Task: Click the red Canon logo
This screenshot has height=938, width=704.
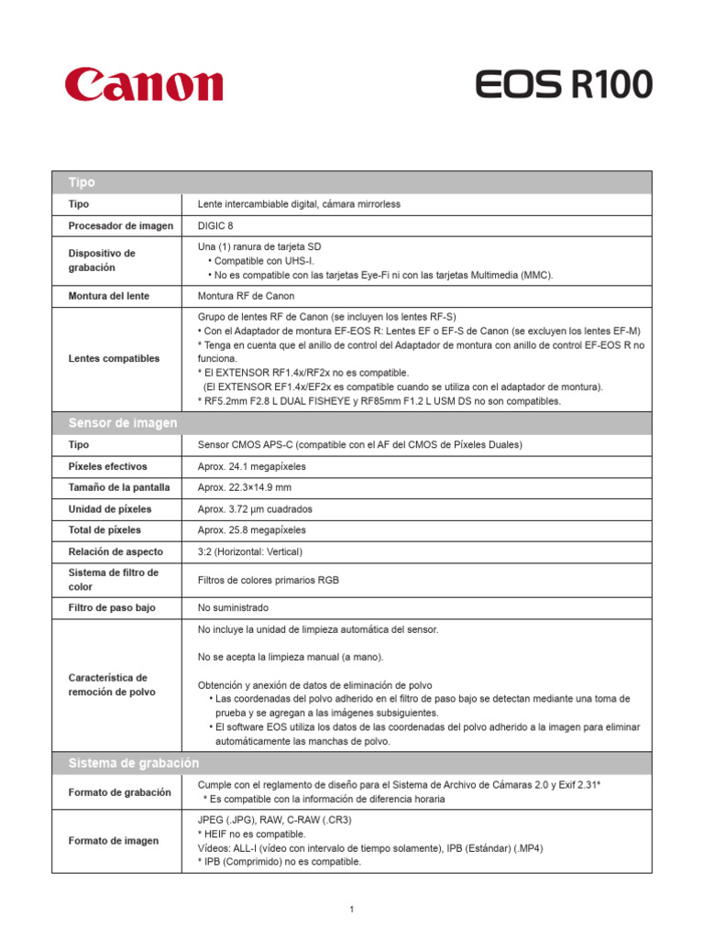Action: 144,84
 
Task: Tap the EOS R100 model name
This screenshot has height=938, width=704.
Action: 564,85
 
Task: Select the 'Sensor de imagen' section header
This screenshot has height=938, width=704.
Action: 123,422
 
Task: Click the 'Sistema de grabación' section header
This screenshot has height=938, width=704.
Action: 133,763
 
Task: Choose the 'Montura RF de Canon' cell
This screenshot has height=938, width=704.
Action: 246,296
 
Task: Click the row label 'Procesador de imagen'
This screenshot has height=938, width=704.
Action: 120,225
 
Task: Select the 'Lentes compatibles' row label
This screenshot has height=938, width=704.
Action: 114,358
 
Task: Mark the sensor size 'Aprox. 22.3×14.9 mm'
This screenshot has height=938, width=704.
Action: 245,487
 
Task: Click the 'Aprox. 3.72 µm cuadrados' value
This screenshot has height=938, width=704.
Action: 255,508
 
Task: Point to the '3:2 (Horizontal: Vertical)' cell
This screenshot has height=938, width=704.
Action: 250,551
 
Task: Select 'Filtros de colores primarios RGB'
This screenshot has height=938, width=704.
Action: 268,580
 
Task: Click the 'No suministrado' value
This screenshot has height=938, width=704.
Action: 234,607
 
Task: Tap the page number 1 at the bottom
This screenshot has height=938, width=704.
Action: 351,910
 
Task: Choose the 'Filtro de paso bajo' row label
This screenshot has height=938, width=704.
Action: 112,607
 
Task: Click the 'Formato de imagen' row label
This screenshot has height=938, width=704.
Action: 114,841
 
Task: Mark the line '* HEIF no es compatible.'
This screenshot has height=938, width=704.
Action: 252,834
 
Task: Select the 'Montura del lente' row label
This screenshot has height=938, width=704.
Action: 109,296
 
